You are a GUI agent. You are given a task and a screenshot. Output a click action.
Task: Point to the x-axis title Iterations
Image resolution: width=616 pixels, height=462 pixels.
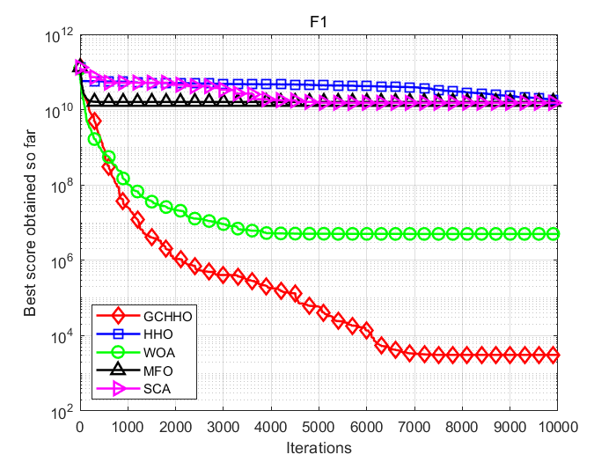pos(319,448)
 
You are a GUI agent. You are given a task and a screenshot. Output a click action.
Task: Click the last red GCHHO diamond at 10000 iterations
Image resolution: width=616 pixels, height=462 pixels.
pos(554,356)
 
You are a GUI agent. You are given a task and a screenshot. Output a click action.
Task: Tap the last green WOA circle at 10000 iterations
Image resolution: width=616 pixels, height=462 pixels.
pos(554,233)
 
